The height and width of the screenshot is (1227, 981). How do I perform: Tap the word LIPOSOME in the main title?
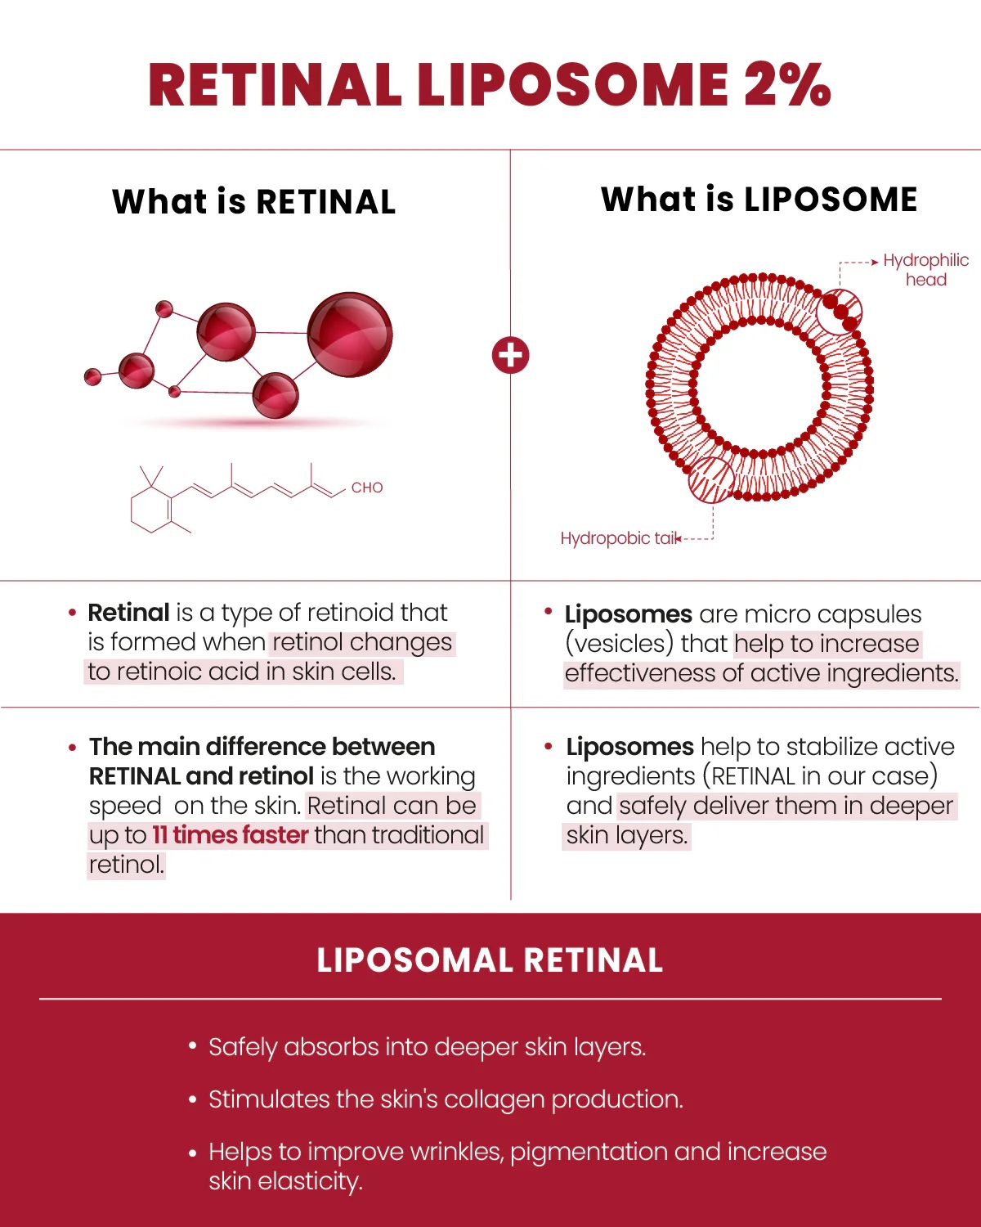[x=573, y=85]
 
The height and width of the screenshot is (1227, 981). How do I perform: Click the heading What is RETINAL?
[x=254, y=202]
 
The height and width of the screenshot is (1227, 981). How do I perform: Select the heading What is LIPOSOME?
[x=759, y=200]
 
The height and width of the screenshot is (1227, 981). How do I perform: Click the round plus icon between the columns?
[x=511, y=356]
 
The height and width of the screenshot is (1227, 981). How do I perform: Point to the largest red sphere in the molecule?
[x=350, y=335]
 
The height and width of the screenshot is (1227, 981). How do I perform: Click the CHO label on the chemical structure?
[x=367, y=488]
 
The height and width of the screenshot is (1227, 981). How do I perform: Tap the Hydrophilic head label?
[x=925, y=270]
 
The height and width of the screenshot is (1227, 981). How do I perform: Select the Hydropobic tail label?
[x=620, y=538]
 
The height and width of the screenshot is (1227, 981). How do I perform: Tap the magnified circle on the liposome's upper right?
[x=840, y=312]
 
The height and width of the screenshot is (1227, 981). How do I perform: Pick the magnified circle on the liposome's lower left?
[x=711, y=479]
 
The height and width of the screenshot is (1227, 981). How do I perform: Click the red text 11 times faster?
[x=231, y=835]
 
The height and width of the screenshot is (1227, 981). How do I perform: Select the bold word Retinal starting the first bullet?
[x=128, y=613]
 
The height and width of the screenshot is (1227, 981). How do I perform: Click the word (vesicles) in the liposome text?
[x=619, y=644]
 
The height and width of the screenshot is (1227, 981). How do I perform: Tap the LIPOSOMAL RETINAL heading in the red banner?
[x=490, y=960]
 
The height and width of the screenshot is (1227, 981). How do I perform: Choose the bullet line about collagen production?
[x=446, y=1099]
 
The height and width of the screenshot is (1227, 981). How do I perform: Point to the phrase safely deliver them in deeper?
[x=786, y=806]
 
